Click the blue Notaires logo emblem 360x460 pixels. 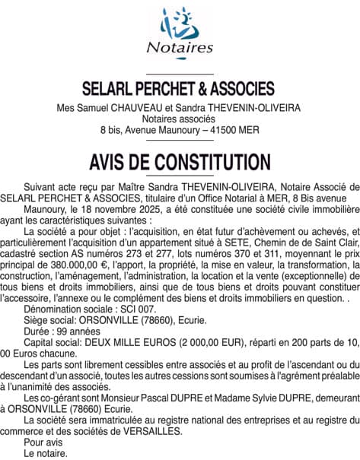pyautogui.click(x=180, y=23)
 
